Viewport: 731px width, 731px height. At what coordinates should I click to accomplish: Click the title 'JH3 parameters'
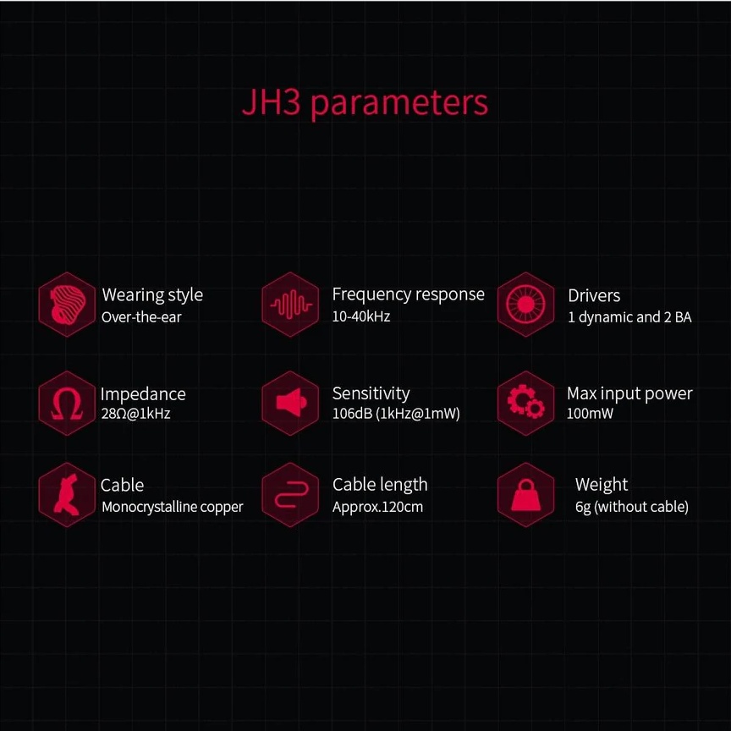(x=365, y=103)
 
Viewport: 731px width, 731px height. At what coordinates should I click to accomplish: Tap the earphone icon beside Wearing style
(x=67, y=305)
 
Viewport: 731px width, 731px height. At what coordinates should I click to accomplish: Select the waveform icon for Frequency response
(x=291, y=305)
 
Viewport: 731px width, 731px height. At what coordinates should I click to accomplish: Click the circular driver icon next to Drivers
(x=525, y=305)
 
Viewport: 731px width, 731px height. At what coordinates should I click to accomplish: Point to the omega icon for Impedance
(x=67, y=403)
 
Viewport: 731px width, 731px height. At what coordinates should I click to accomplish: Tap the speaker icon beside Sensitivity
(x=291, y=403)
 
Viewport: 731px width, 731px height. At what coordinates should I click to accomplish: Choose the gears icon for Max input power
(x=525, y=403)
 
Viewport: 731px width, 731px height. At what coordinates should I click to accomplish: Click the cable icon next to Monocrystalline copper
(x=67, y=495)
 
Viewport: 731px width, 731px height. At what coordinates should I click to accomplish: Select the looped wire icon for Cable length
(x=291, y=495)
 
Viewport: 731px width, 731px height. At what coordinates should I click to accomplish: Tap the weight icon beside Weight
(x=525, y=495)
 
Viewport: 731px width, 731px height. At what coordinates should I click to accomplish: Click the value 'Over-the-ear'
(x=141, y=317)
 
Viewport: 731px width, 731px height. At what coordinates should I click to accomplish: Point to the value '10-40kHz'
(x=360, y=316)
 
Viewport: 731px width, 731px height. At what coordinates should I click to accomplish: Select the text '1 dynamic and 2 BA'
(x=629, y=317)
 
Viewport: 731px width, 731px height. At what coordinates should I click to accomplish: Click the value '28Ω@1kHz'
(x=135, y=415)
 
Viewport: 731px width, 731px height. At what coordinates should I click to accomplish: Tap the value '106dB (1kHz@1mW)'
(x=396, y=415)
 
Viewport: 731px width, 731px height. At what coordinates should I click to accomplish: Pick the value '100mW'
(x=590, y=415)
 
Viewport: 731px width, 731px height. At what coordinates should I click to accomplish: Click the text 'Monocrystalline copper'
(x=172, y=507)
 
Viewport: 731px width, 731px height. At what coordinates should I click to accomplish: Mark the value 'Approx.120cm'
(x=377, y=507)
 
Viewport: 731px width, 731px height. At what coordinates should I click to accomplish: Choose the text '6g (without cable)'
(x=631, y=507)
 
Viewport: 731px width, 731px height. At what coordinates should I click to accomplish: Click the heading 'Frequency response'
(x=408, y=294)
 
